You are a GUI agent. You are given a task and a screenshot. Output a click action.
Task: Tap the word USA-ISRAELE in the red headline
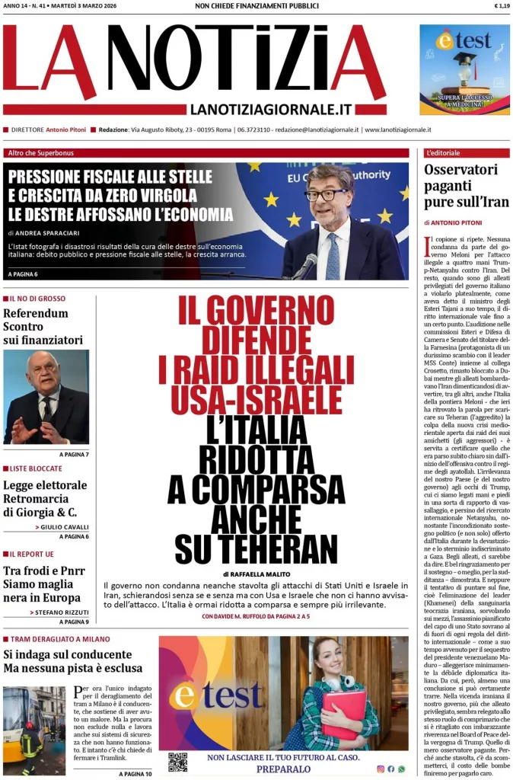coord(256,401)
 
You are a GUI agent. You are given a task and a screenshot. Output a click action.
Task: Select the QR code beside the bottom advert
coord(177,762)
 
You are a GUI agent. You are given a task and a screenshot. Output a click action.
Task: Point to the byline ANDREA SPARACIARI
coord(49,233)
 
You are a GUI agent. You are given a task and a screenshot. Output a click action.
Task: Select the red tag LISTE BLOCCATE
coord(37,468)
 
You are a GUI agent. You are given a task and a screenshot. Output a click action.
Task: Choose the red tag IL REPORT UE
coord(33,554)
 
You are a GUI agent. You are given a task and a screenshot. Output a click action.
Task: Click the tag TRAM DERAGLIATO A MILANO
coord(60,639)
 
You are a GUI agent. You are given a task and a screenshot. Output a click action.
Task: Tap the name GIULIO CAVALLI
coord(65,527)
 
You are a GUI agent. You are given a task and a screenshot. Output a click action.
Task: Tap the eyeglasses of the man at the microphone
coord(326,195)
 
